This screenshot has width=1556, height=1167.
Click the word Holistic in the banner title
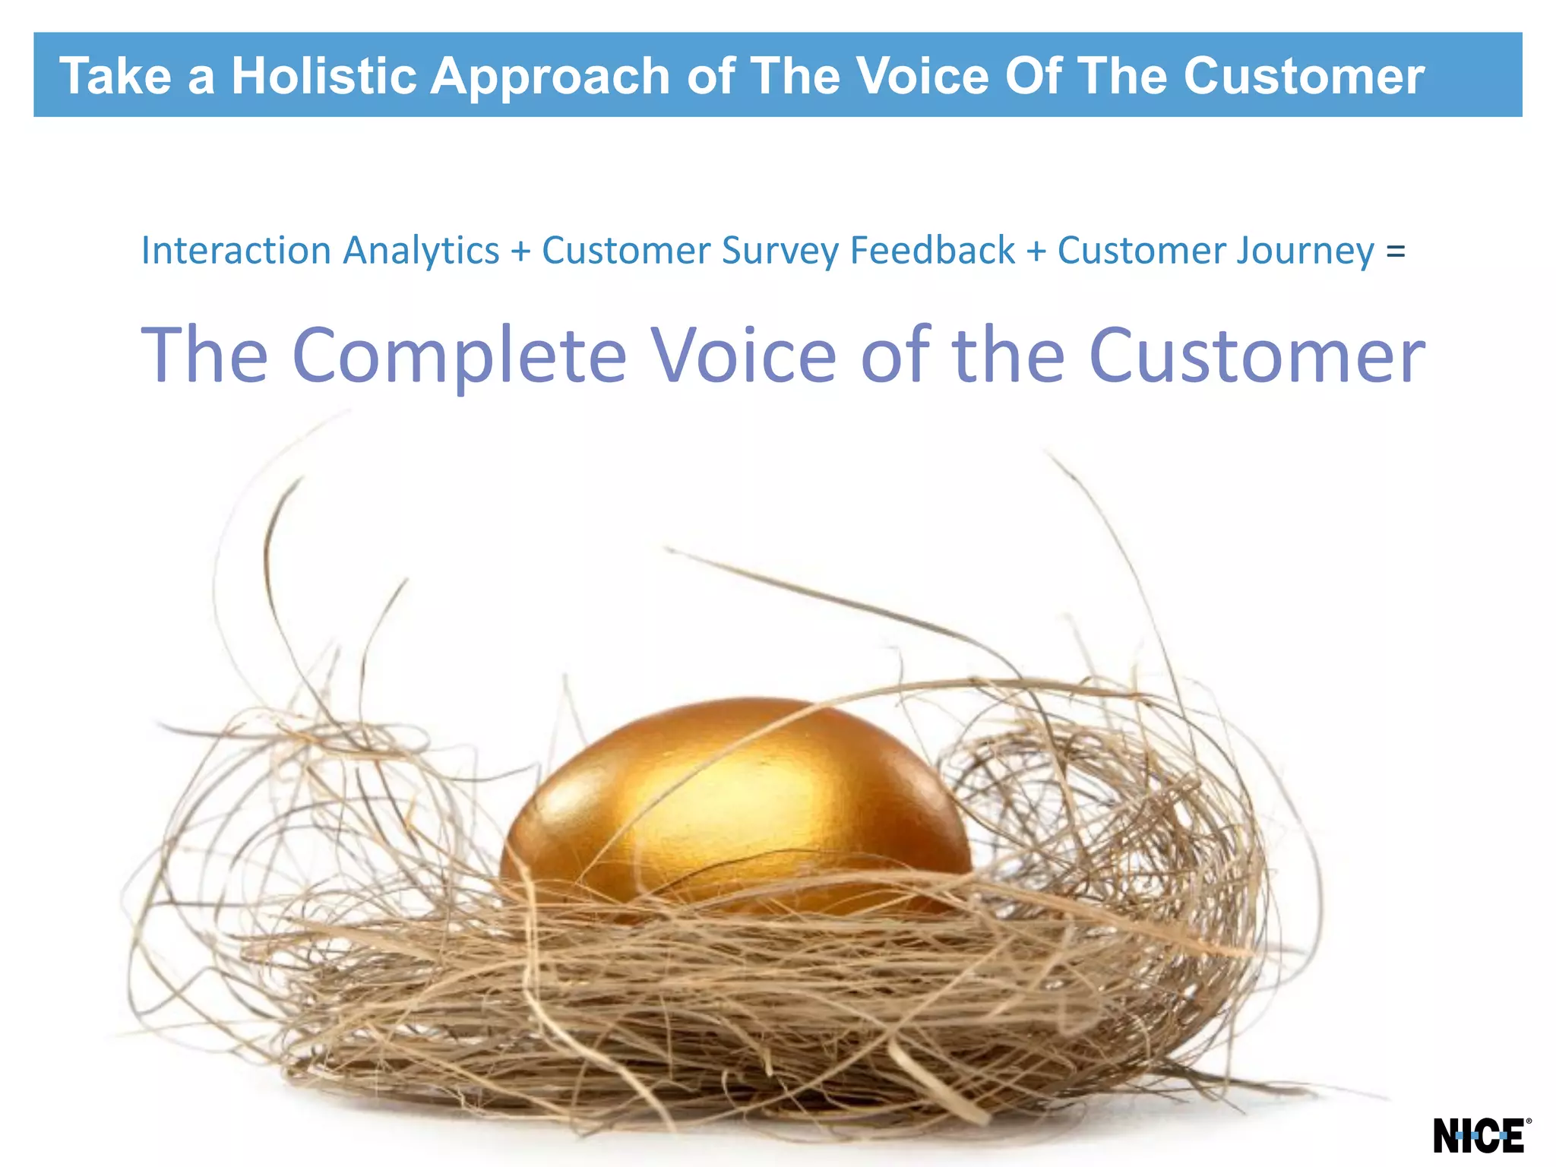click(324, 76)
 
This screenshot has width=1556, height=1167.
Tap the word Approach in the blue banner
click(550, 76)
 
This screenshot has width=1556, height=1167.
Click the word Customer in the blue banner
click(1303, 76)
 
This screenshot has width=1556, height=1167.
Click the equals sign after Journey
click(1396, 251)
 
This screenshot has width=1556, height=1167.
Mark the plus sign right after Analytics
click(520, 251)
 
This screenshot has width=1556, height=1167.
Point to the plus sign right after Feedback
click(1036, 251)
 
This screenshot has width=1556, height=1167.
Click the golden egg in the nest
click(735, 805)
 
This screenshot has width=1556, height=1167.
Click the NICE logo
click(1478, 1136)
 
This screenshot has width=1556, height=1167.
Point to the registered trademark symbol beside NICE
click(1528, 1121)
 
